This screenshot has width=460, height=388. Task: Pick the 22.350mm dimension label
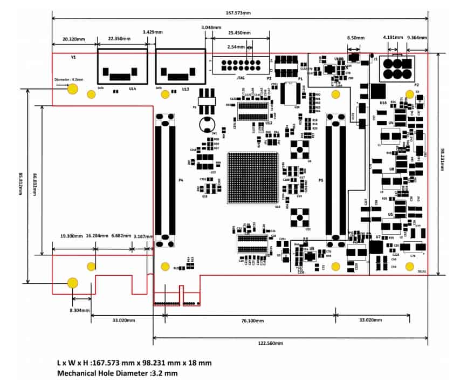[120, 39]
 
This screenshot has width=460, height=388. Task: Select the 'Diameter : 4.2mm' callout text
[68, 79]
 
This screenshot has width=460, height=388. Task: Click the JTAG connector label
[242, 78]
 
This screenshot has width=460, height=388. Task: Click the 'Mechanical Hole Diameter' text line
[117, 373]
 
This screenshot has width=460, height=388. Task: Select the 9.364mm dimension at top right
[417, 38]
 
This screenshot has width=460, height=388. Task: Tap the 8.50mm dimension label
[356, 38]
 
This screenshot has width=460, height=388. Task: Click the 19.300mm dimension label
[71, 236]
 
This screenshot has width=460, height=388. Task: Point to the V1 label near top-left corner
[73, 57]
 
